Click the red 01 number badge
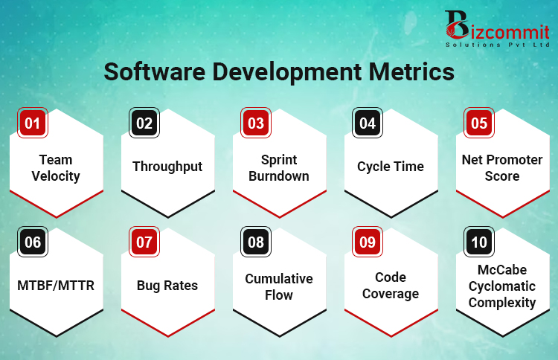[x=33, y=123]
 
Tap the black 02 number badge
[x=144, y=123]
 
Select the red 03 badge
[x=256, y=123]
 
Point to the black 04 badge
[x=368, y=123]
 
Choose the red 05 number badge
[x=479, y=123]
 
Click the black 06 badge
[x=33, y=242]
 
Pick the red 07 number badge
[x=144, y=242]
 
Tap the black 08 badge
[x=256, y=242]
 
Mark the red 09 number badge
[x=368, y=242]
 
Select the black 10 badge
[x=479, y=242]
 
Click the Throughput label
[x=167, y=167]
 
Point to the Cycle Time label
[x=391, y=167]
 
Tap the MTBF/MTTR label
[x=56, y=286]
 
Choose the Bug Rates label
[x=167, y=286]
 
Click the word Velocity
[x=56, y=176]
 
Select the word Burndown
[x=279, y=176]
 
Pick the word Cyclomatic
[x=502, y=286]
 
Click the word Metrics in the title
[x=411, y=71]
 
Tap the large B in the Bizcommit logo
[x=456, y=25]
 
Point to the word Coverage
[x=391, y=295]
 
